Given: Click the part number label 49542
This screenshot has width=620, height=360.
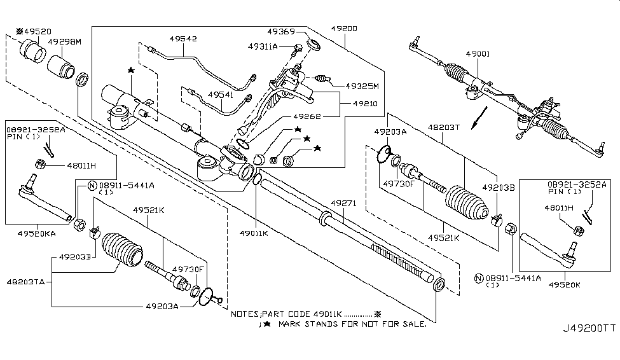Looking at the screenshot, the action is (183, 39).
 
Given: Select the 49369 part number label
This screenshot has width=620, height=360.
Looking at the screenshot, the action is (280, 32).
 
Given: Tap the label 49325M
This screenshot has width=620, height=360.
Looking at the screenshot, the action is (362, 86).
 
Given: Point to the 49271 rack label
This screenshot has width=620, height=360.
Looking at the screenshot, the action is (343, 203).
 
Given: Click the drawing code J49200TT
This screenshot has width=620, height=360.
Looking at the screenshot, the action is (589, 328).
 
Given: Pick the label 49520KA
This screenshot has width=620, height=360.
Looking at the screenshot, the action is (36, 233).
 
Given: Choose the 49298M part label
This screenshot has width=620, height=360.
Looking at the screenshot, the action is (64, 41).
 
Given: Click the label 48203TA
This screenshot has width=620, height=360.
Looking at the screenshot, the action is (25, 282).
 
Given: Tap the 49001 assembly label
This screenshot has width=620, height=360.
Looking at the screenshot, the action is (478, 53).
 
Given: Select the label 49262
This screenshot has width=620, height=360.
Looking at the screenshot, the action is (307, 116).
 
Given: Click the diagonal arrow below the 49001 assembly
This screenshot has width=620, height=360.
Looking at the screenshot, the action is (479, 118).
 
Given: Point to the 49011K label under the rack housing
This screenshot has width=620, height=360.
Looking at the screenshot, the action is (254, 233).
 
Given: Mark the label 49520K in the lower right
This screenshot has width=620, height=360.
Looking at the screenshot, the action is (564, 284).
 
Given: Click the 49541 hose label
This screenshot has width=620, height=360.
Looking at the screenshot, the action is (221, 95).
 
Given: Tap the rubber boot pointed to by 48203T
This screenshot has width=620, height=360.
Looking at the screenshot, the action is (467, 202).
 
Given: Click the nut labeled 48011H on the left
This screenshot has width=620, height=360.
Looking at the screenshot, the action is (39, 163).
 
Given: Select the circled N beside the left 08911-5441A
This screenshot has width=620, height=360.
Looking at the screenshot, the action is (92, 186).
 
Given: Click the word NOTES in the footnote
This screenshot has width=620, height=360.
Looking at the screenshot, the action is (245, 314).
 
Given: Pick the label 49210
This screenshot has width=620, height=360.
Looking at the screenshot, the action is (366, 103).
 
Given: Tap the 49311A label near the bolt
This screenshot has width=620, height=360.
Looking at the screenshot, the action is (263, 46).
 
